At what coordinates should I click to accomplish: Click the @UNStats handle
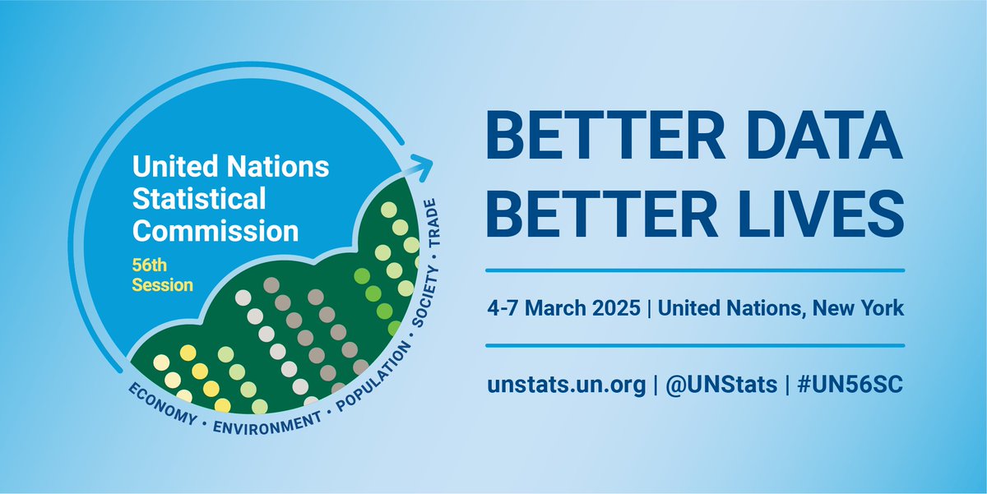click(x=720, y=385)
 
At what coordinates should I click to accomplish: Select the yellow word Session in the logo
click(x=163, y=285)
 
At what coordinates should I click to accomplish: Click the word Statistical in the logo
click(x=200, y=199)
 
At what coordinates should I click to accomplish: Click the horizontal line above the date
click(x=695, y=270)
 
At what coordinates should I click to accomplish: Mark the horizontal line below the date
click(x=695, y=345)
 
